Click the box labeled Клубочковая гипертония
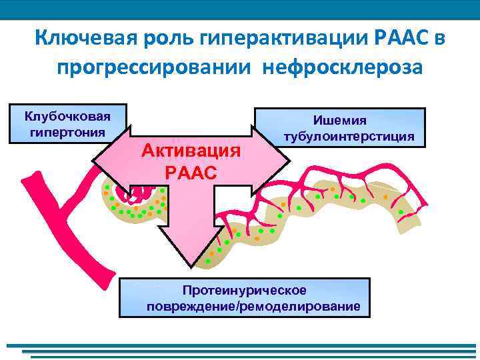click(67, 123)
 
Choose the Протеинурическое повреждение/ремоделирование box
click(244, 297)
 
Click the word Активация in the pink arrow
click(191, 150)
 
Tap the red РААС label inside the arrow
click(191, 172)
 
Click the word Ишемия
click(340, 120)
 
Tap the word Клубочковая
click(67, 116)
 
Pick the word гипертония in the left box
click(67, 131)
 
